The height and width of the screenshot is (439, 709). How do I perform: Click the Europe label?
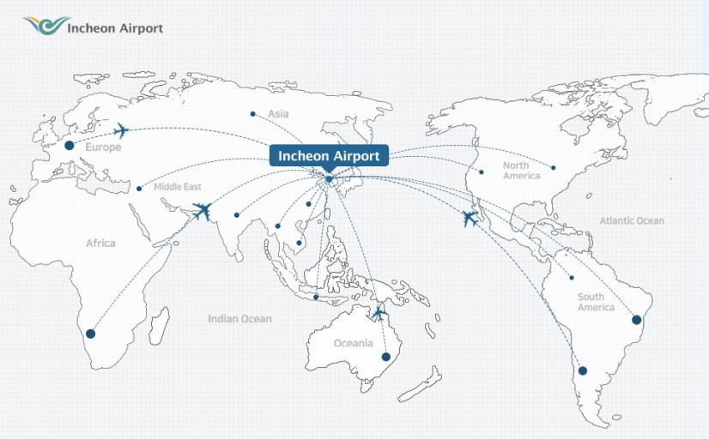click(x=103, y=147)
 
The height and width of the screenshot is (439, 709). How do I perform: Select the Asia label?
click(x=278, y=114)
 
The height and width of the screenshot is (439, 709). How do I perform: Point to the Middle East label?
click(x=178, y=187)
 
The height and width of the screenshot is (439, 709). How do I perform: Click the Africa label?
click(x=100, y=244)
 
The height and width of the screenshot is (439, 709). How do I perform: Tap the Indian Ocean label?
click(x=239, y=319)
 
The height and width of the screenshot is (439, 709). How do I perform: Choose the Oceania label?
click(x=353, y=343)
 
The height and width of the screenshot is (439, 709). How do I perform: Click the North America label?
click(x=521, y=170)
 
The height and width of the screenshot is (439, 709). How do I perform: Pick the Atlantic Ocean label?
click(x=632, y=220)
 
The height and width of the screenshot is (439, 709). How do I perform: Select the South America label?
click(x=596, y=302)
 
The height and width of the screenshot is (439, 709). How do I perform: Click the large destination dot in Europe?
click(x=70, y=146)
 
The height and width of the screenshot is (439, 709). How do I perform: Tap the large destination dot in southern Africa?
click(x=90, y=334)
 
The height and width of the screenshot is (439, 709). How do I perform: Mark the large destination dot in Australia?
click(x=386, y=357)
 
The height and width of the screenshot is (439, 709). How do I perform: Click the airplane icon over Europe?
click(x=121, y=130)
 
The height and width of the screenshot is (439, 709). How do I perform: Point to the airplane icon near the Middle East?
click(x=203, y=210)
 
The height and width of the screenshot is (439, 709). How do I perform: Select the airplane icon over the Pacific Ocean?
click(x=470, y=218)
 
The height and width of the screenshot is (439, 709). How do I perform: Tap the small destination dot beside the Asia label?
click(x=252, y=114)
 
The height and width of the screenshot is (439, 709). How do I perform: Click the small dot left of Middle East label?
click(x=139, y=189)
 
